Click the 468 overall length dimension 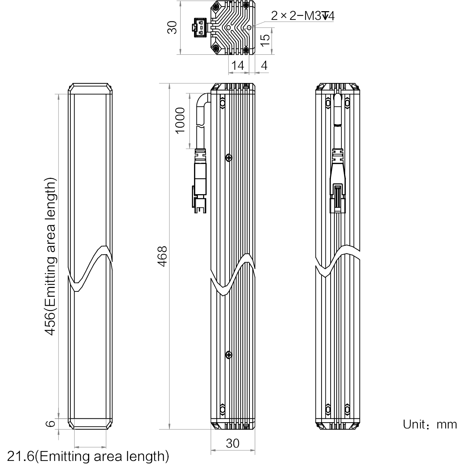(x=162, y=256)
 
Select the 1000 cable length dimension (x=180, y=121)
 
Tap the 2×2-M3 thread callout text (x=302, y=16)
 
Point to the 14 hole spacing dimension (x=238, y=66)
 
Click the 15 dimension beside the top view (x=265, y=40)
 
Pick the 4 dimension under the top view (x=264, y=66)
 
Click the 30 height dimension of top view (x=172, y=28)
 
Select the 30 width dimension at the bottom (x=232, y=443)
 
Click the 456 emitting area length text (x=50, y=256)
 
